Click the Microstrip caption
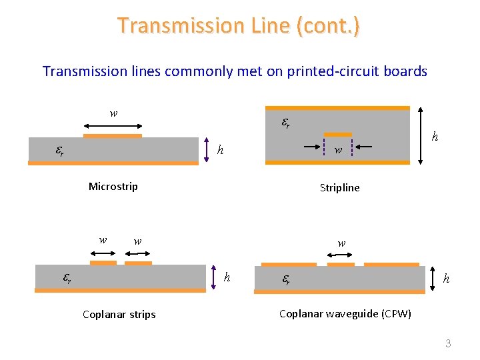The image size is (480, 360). click(113, 187)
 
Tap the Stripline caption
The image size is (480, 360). click(339, 188)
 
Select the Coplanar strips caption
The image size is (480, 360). click(119, 314)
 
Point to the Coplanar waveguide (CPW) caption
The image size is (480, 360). click(345, 313)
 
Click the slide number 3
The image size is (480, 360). click(448, 344)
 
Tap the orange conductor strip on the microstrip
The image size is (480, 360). click(113, 136)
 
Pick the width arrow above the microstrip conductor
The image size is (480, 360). click(113, 125)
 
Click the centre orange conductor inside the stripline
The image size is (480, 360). click(337, 135)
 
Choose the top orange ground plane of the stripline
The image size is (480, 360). click(337, 107)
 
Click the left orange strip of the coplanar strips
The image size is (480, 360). click(103, 263)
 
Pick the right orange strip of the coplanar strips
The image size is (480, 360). click(138, 263)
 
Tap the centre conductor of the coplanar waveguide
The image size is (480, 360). click(341, 264)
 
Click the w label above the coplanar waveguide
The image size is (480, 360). click(341, 243)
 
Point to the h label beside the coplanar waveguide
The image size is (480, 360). click(446, 278)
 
